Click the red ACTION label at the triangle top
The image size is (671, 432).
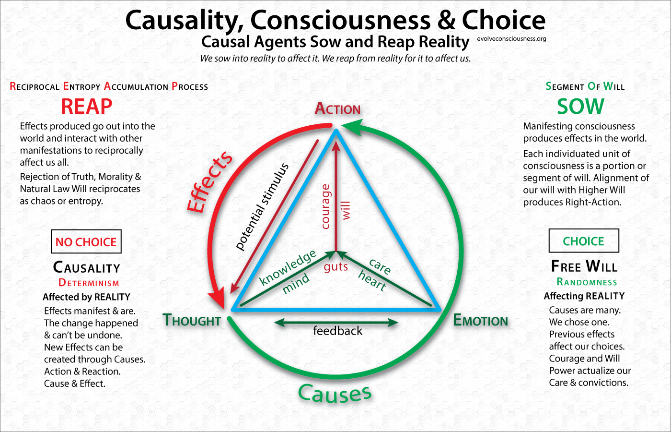click(337, 109)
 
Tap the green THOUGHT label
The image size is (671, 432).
click(192, 320)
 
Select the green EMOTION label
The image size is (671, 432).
click(480, 321)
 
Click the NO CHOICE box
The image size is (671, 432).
click(86, 241)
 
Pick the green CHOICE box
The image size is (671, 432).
click(583, 241)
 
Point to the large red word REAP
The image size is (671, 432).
click(86, 106)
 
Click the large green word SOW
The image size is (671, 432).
click(580, 106)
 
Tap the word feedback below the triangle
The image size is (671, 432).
click(337, 331)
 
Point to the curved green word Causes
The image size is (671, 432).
click(335, 394)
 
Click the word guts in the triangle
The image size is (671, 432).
click(335, 267)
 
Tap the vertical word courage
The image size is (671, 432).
click(326, 206)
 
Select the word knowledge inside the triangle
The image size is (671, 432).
click(287, 267)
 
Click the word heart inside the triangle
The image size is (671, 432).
click(372, 281)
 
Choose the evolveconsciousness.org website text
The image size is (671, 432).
click(511, 39)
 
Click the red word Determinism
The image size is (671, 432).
click(89, 283)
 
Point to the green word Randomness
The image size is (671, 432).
click(587, 282)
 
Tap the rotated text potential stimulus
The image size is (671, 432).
click(263, 206)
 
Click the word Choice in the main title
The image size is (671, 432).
click(503, 20)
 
